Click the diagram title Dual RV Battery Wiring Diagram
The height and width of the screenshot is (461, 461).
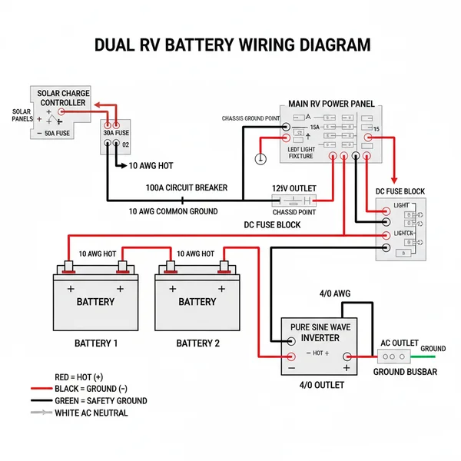click(x=231, y=45)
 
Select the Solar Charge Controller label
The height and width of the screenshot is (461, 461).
click(x=63, y=98)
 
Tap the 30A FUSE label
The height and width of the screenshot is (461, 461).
click(x=117, y=132)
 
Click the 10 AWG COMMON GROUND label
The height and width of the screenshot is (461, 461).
click(x=173, y=211)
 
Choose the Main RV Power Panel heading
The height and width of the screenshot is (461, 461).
click(x=331, y=103)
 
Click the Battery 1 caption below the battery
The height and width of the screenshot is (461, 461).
click(x=95, y=343)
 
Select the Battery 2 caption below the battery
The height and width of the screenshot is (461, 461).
click(x=197, y=343)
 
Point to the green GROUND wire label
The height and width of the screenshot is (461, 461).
click(x=433, y=348)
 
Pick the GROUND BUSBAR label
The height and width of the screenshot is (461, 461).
click(x=404, y=372)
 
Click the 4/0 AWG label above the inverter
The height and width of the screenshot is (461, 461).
click(x=334, y=294)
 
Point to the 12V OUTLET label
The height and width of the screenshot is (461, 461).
click(x=294, y=188)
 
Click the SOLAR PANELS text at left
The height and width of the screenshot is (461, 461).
click(x=22, y=115)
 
